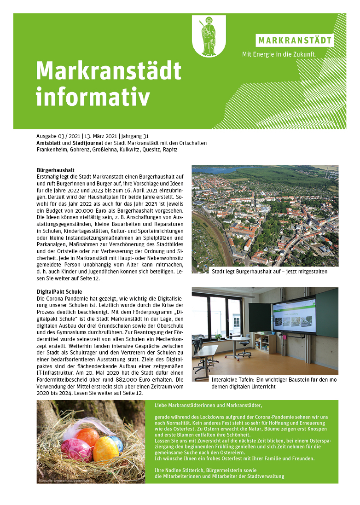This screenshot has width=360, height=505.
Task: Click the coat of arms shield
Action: pyautogui.click(x=209, y=35)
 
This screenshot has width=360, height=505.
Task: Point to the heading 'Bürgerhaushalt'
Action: pyautogui.click(x=56, y=170)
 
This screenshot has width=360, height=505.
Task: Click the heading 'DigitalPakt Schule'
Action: pyautogui.click(x=59, y=292)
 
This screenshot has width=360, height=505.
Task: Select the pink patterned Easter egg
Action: pyautogui.click(x=76, y=450)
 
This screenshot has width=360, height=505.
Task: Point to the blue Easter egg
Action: pyautogui.click(x=117, y=443)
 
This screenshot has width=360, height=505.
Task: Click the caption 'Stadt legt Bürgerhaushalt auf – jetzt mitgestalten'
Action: pyautogui.click(x=269, y=272)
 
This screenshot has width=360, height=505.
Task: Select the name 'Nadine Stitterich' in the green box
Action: pyautogui.click(x=186, y=470)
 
